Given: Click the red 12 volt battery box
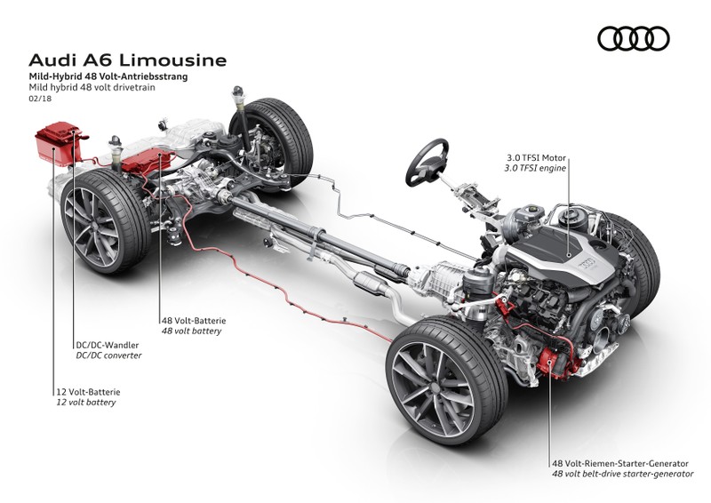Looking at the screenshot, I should (55, 143).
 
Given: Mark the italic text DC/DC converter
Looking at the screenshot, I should (109, 355).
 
